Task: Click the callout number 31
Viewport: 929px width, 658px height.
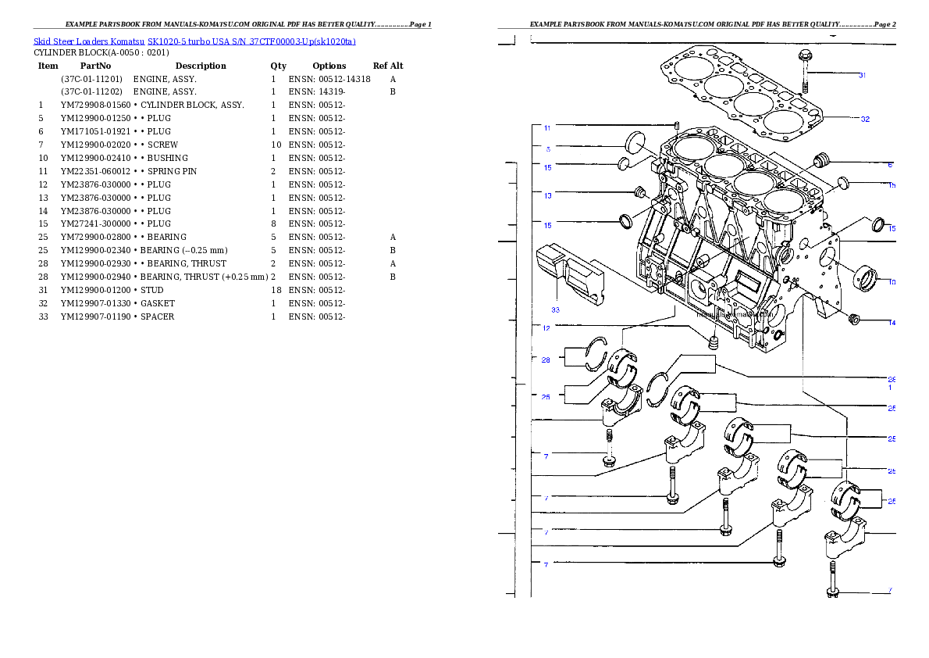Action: (862, 76)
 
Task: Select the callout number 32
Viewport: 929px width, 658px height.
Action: (865, 120)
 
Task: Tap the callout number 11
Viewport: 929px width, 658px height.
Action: (547, 127)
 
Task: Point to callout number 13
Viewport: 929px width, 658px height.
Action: (547, 195)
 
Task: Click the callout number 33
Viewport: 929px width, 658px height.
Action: (555, 309)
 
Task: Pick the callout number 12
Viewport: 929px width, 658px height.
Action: (546, 328)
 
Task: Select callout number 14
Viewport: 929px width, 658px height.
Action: (892, 322)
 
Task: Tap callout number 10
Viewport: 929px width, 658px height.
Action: (892, 282)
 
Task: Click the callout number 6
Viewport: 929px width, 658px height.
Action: (890, 165)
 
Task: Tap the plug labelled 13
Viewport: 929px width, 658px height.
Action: (639, 192)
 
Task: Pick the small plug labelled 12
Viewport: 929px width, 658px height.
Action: (712, 341)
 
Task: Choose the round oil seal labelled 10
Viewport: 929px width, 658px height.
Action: (866, 277)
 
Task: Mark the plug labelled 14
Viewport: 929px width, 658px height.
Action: (853, 319)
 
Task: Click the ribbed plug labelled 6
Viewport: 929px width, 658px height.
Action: (820, 162)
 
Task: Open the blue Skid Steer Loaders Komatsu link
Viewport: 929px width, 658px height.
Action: (194, 41)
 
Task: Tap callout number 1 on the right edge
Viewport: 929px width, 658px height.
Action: (891, 388)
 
